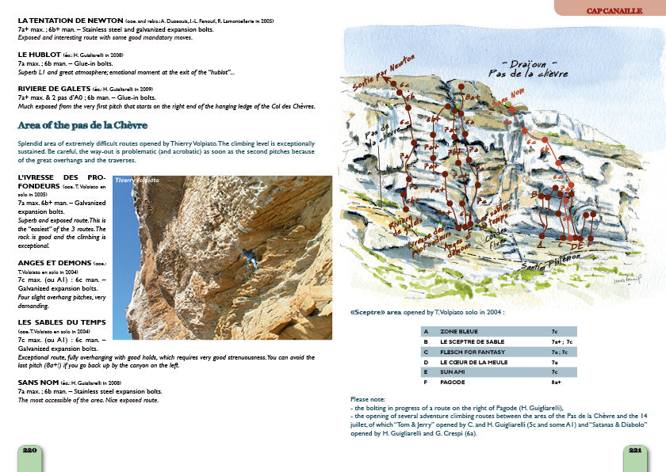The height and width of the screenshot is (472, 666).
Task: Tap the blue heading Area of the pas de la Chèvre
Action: point(82,125)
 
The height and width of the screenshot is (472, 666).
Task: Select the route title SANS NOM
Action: point(38,381)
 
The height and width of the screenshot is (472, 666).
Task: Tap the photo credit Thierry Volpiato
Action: point(137,181)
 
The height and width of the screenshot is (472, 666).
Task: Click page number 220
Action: point(30,450)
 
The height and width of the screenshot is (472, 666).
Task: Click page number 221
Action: point(635,450)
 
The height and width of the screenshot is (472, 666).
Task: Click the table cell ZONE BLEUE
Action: point(456,331)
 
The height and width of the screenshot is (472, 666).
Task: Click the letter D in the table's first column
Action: point(427,361)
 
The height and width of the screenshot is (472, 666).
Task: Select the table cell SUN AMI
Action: point(451,371)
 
